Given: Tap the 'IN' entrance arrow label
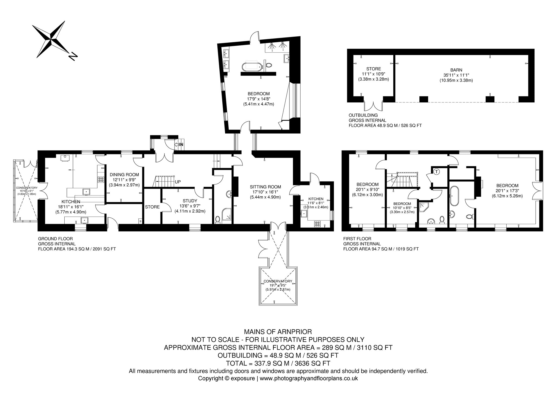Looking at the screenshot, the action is point(179,144).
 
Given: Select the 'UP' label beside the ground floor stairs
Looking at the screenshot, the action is point(178,182).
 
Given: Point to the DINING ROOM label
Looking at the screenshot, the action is point(124,175).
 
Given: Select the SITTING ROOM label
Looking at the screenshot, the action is point(265,187).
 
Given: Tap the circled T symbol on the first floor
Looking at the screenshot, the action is point(437,172).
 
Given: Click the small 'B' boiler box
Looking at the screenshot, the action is point(140,221).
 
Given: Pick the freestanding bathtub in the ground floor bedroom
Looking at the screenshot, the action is point(252,66).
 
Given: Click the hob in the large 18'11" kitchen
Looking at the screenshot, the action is point(101,179).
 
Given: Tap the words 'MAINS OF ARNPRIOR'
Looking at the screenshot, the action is point(278,332).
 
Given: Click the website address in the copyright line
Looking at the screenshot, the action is point(309,378).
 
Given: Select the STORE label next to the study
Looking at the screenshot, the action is point(152,207).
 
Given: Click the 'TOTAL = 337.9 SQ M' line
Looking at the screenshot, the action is point(278,363).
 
